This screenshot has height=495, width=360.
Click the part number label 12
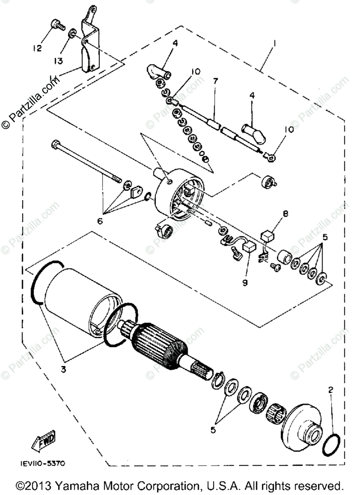37,48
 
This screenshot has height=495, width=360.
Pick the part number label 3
63,369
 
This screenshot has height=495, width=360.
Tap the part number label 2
331,389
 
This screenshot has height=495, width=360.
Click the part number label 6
99,221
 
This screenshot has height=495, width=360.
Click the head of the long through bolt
56,145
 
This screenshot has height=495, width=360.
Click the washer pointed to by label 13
72,33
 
